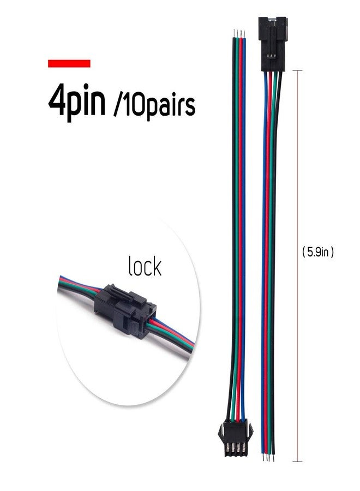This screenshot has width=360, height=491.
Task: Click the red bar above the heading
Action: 69,64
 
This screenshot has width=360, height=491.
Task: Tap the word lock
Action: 145,266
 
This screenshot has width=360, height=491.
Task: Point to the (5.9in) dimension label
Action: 318,252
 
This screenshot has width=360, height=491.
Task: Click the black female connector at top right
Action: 272,44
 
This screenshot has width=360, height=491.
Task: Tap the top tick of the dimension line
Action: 297,70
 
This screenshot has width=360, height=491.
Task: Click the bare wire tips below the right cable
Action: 268,458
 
